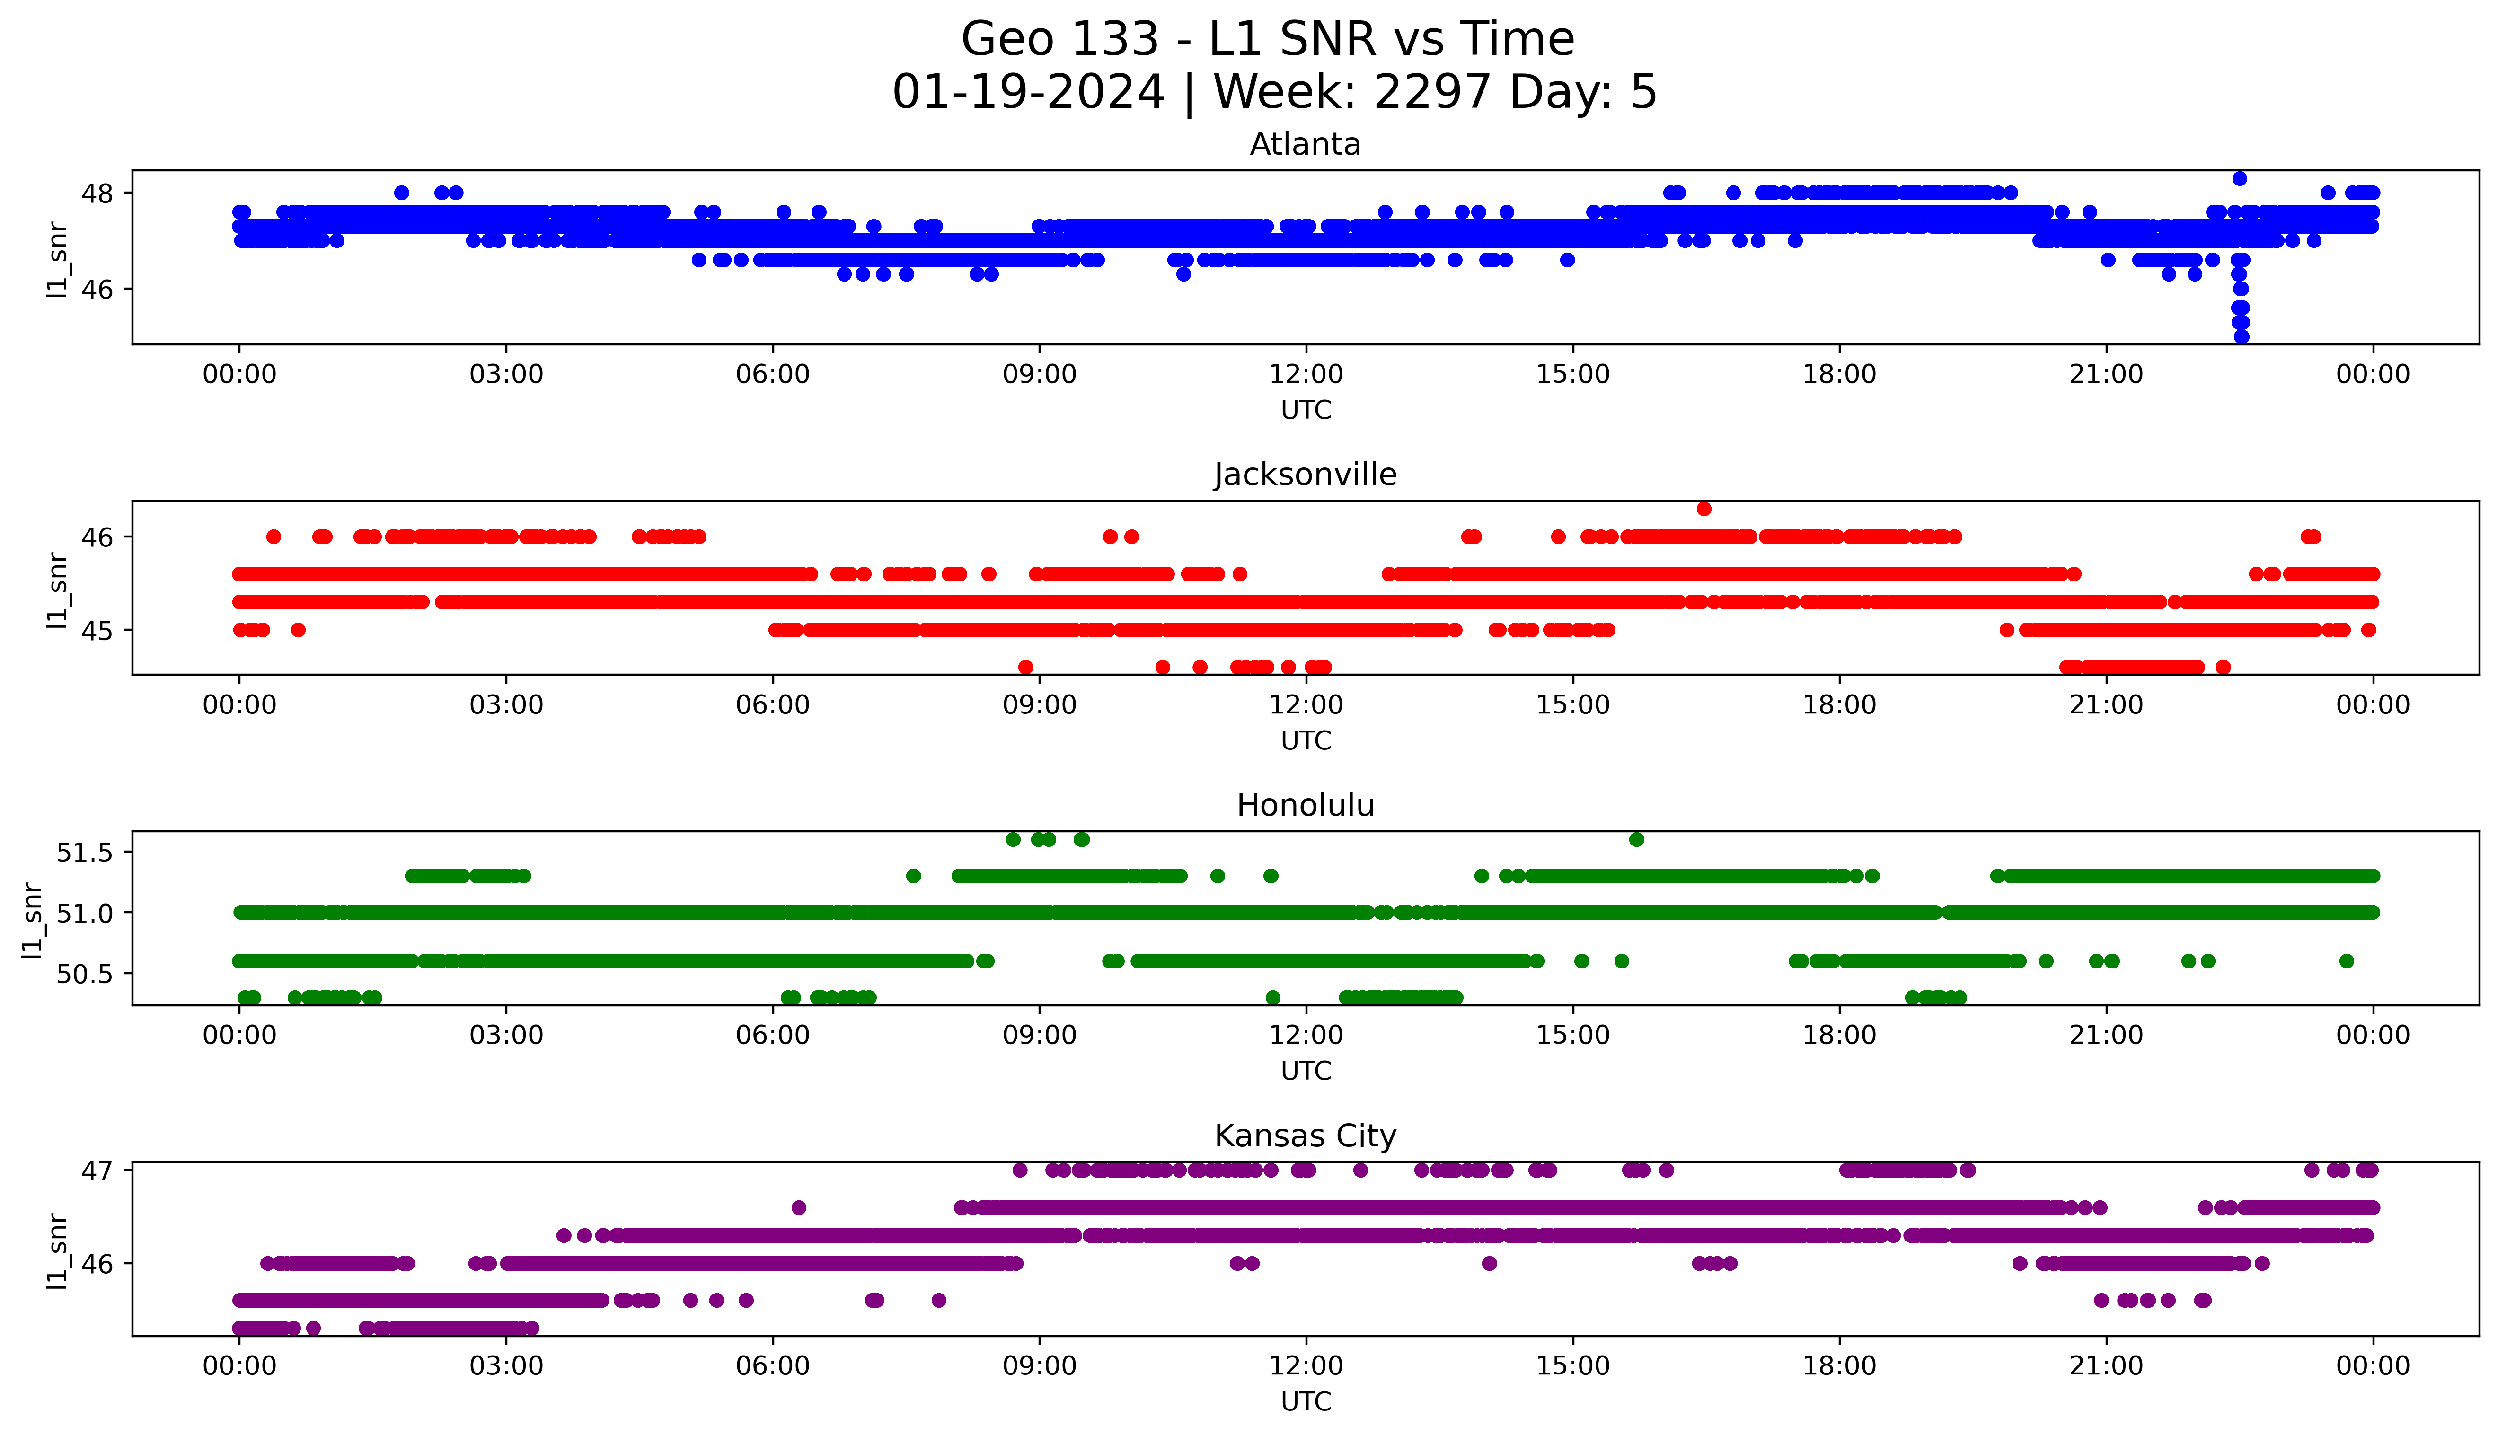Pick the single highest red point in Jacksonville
click(1704, 509)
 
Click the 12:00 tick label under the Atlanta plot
click(1306, 375)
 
